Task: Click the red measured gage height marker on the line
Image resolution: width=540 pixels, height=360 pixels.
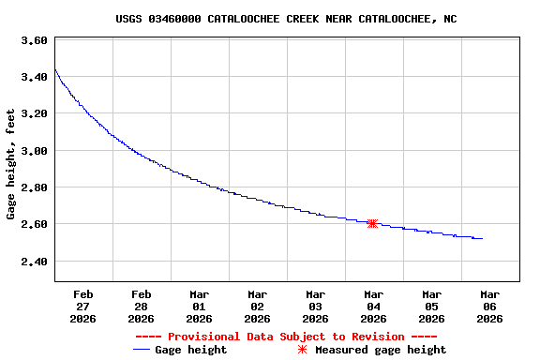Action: [372, 223]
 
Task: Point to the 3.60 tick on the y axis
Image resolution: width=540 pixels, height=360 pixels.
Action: [34, 40]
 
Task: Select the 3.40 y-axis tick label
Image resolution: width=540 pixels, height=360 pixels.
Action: [34, 77]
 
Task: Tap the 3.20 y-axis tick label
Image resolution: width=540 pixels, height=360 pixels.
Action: [34, 113]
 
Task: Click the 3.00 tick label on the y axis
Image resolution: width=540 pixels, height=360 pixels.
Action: [34, 150]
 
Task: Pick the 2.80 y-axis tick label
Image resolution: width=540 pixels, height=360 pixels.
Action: [34, 187]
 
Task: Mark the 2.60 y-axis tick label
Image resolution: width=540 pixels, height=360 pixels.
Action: [34, 224]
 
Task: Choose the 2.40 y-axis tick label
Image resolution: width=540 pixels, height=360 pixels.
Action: [34, 261]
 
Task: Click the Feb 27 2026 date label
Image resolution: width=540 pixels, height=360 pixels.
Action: [83, 306]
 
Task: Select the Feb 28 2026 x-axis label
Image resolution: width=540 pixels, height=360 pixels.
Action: [142, 306]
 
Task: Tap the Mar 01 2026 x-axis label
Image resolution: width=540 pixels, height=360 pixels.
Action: [200, 306]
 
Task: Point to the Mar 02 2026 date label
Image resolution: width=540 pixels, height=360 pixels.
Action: [258, 306]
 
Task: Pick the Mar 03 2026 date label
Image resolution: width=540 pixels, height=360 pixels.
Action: [316, 306]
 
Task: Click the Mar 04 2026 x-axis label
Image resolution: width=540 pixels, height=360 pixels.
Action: [374, 306]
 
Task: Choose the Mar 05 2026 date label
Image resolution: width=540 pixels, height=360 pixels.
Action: [432, 306]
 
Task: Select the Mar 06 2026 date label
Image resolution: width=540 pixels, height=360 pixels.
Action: [490, 306]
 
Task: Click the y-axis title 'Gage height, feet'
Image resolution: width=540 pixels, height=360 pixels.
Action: [11, 163]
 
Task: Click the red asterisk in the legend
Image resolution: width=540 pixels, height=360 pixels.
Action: [302, 350]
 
